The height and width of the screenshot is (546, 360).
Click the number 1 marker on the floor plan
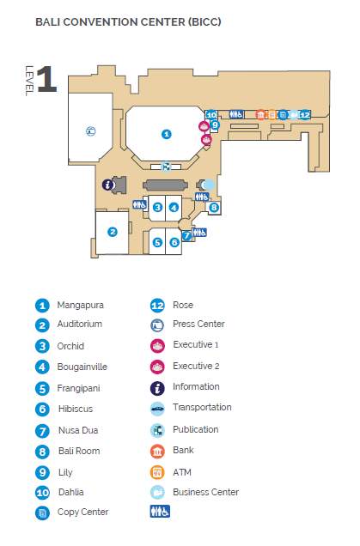point(166,134)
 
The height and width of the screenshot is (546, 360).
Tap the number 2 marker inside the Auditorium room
point(113,232)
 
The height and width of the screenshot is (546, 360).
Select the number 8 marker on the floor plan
point(214,208)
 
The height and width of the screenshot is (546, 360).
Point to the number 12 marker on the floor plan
point(305,114)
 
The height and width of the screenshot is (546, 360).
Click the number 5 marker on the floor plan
point(157,242)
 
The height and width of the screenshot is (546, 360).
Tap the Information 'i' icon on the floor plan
point(108,185)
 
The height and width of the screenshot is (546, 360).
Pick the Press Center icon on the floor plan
point(91,131)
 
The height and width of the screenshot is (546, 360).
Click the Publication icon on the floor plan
point(166,167)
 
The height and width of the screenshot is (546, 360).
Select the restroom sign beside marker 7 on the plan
point(199,233)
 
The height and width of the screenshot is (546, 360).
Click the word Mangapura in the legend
point(80,305)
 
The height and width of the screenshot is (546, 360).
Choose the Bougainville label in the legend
point(82,367)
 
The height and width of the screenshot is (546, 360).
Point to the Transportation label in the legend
point(202,407)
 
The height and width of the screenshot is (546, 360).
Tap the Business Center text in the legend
point(205,492)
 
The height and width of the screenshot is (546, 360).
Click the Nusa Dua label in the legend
point(78,430)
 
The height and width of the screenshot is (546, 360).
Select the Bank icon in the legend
point(157,452)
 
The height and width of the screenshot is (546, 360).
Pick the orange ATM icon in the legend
point(157,472)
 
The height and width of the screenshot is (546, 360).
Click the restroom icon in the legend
point(160,512)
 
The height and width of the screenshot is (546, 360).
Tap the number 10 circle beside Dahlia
point(42,493)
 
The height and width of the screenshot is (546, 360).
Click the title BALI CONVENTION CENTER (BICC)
point(128,22)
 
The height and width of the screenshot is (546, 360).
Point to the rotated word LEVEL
point(29,81)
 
